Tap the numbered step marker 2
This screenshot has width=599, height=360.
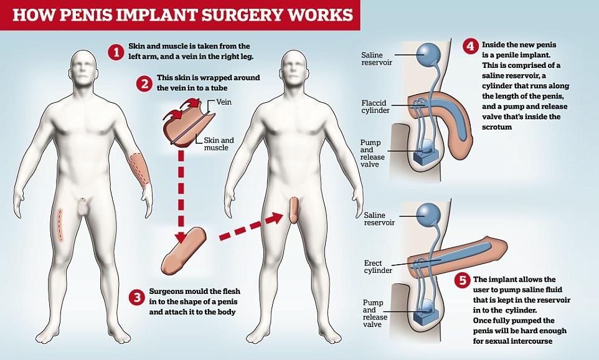click(144, 83)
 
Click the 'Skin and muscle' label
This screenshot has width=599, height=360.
click(219, 144)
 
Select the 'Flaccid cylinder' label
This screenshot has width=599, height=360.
click(375, 107)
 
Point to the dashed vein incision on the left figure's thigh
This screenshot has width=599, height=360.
click(60, 224)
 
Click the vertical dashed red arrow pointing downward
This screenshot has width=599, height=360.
click(181, 193)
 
